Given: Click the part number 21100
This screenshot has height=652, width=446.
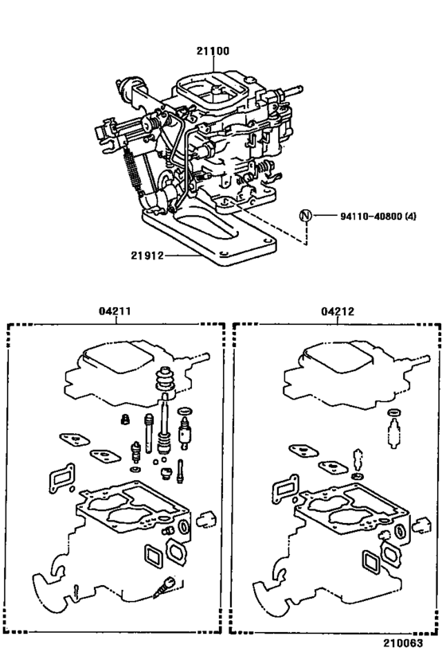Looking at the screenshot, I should point(213,51).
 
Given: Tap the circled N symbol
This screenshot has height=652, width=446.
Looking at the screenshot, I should point(304,216).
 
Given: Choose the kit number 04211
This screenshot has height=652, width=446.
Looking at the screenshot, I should point(116,313).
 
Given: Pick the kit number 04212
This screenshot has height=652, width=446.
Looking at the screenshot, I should point(337,313).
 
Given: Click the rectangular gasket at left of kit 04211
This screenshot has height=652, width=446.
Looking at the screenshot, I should point(60,481).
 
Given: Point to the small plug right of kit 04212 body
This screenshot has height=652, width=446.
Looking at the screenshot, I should point(422,521).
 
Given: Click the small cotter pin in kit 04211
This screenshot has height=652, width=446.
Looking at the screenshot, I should point(73,591).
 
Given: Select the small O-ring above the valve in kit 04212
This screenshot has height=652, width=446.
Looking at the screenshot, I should point(391,412).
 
